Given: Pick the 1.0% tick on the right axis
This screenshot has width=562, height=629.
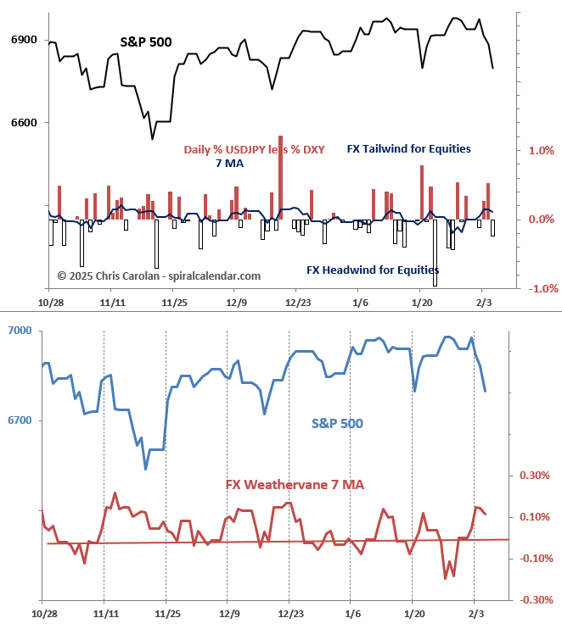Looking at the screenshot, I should (x=541, y=151).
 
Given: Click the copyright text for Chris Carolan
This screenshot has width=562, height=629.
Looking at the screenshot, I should (x=159, y=276).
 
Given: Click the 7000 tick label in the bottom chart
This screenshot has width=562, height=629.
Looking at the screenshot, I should (x=20, y=330).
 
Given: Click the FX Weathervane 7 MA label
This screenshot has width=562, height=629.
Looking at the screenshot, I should (x=295, y=484).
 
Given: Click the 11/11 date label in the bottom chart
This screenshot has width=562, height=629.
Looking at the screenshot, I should (x=104, y=612).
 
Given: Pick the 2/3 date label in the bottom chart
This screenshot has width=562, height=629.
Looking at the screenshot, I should (x=476, y=612).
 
